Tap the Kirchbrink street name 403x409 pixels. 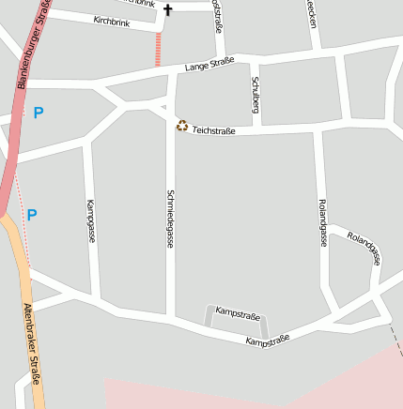coord(112,21)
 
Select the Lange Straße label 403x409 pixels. coord(209,65)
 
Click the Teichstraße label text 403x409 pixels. coord(213,131)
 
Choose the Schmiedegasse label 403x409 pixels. coord(170,219)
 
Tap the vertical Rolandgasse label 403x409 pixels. coord(322,222)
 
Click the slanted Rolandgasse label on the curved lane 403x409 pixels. coord(363,248)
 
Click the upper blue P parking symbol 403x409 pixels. coord(39,114)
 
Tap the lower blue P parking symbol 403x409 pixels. coord(32,215)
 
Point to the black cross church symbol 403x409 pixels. coord(168,10)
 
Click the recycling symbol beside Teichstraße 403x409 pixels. coord(181,125)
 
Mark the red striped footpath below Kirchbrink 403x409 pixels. coord(158,49)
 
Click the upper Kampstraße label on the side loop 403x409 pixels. coord(237,311)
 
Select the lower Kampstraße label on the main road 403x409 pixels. coord(267,340)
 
